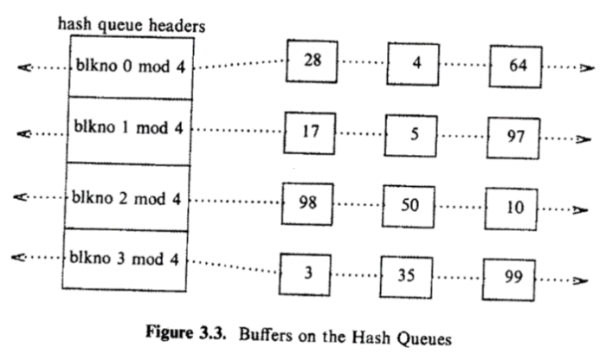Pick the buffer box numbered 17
(x=311, y=134)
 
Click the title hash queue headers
(x=131, y=26)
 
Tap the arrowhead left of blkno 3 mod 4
(x=23, y=258)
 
